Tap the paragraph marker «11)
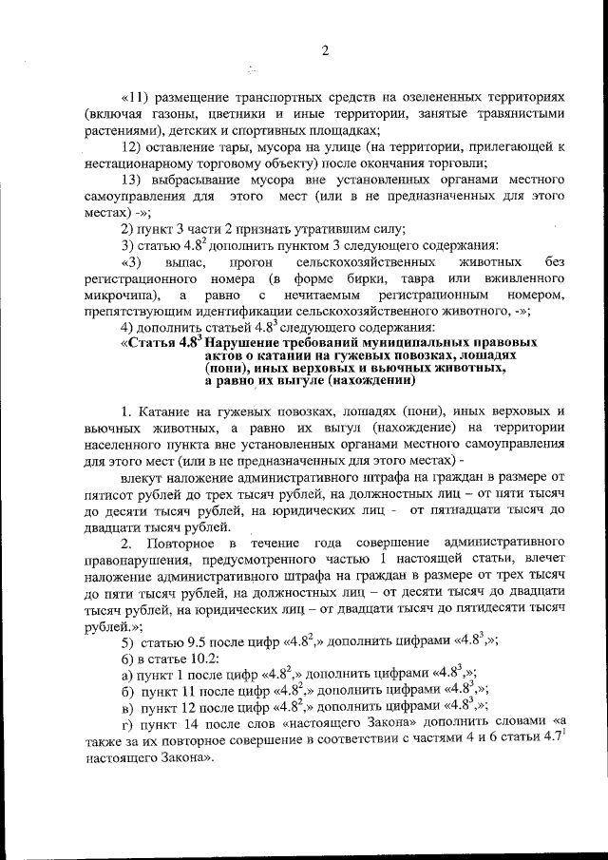[134, 99]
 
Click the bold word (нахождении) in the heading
[370, 380]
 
